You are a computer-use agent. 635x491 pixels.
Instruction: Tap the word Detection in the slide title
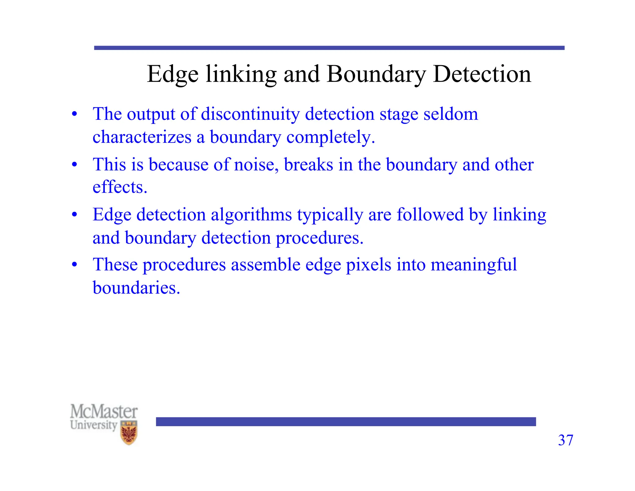(x=482, y=74)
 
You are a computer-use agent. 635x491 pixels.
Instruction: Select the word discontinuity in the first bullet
(x=250, y=114)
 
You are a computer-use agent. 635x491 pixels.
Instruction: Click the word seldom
(x=451, y=114)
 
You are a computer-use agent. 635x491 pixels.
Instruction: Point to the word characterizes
(x=142, y=137)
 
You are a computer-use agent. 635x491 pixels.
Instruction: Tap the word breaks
(x=309, y=164)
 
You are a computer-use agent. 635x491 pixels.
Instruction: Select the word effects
(x=120, y=187)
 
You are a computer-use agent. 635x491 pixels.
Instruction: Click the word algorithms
(x=251, y=215)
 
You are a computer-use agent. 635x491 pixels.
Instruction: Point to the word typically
(x=330, y=215)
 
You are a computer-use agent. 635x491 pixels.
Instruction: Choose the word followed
(x=430, y=215)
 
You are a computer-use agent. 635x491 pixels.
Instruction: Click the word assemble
(x=265, y=265)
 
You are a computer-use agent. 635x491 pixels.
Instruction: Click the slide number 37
(x=566, y=440)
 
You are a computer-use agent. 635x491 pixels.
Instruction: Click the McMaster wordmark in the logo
(x=104, y=412)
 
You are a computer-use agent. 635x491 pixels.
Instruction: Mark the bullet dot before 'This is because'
(x=74, y=164)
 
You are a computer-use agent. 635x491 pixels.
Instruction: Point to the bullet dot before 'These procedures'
(x=74, y=265)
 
